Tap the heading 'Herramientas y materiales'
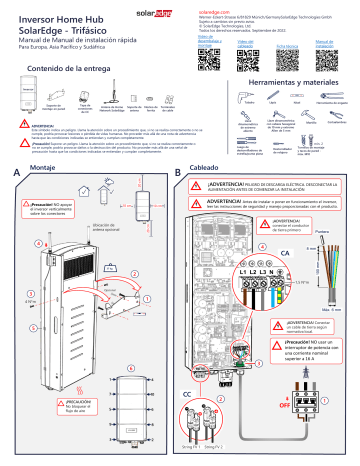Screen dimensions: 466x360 pyautogui.click(x=295, y=84)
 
